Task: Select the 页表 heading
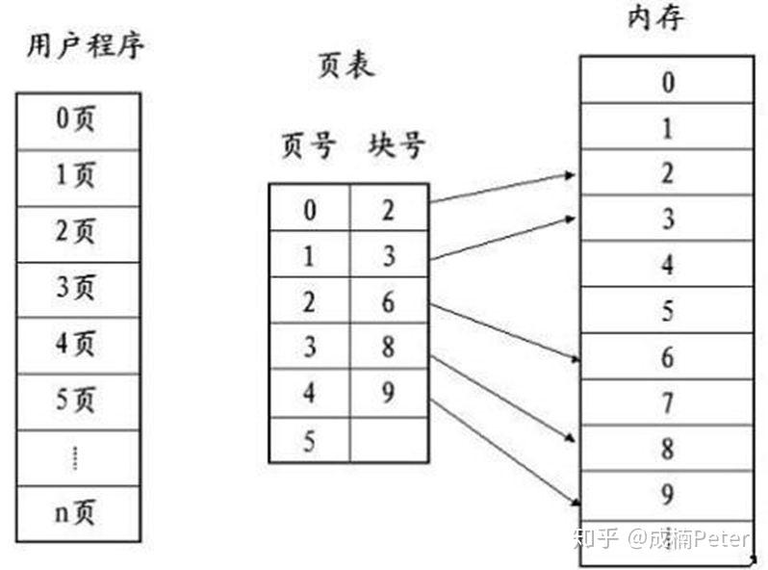click(345, 67)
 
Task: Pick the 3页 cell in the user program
click(78, 288)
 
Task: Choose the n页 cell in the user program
click(78, 513)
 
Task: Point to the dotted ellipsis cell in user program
click(78, 457)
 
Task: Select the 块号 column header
click(396, 147)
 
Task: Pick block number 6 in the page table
click(388, 300)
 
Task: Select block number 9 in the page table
click(388, 393)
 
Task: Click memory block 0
click(667, 82)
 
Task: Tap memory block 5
click(667, 311)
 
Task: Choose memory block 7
click(667, 402)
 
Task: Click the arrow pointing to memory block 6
click(505, 332)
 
